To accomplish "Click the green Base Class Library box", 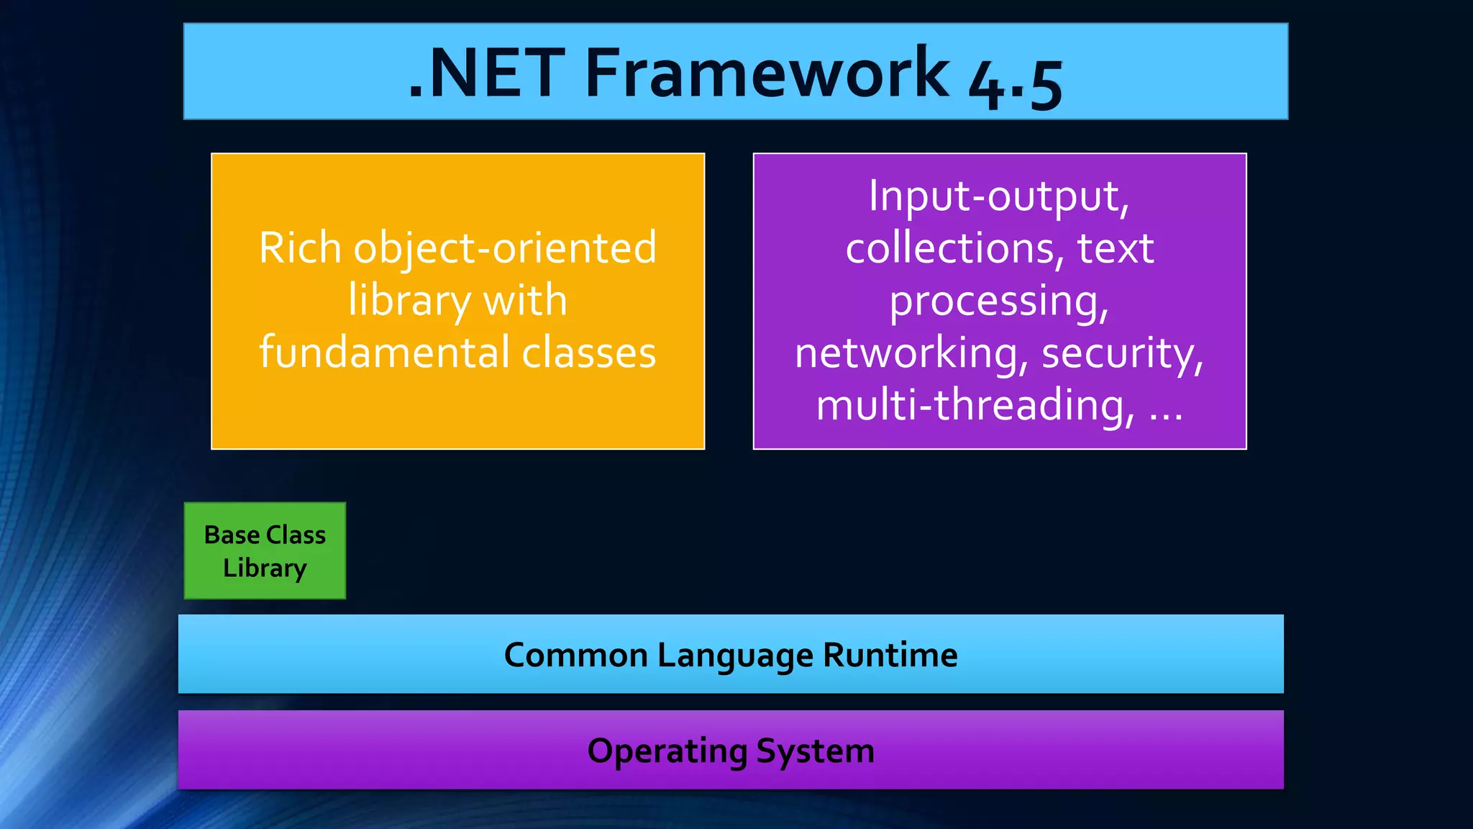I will [265, 551].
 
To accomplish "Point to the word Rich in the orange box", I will [300, 248].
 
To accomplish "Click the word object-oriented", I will [505, 248].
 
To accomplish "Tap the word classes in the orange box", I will [588, 353].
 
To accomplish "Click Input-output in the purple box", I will [998, 196].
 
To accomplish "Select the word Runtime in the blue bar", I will [890, 655].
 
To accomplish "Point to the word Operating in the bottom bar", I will [667, 751].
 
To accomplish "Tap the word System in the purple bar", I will [815, 751].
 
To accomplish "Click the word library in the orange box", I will [409, 301].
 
